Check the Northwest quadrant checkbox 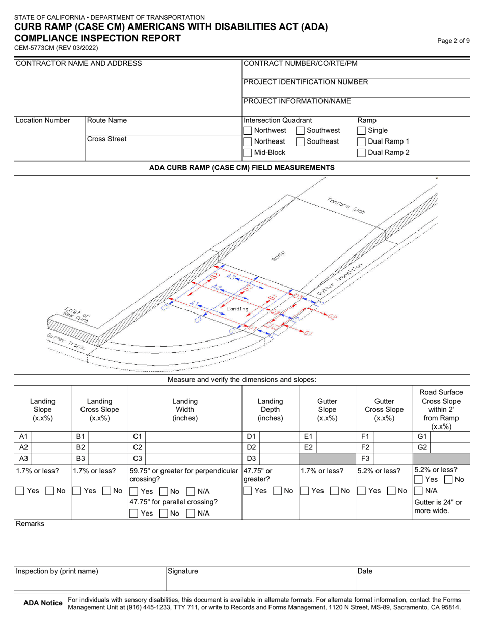tap(248, 131)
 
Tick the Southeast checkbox tap(301, 141)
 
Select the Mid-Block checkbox tap(248, 153)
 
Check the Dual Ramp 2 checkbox tap(361, 153)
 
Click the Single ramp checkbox tap(361, 131)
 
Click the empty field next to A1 tap(51, 437)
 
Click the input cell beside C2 tap(193, 447)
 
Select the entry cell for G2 tap(450, 447)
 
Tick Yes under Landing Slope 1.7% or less tap(20, 491)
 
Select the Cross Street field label tap(106, 139)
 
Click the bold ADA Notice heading tap(43, 603)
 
